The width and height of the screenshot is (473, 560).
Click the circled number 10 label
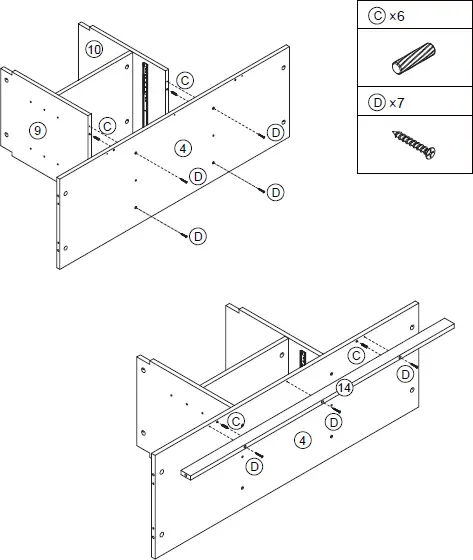coord(94,49)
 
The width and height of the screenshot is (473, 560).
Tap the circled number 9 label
coord(37,130)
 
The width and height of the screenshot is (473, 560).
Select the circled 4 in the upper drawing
coord(181,148)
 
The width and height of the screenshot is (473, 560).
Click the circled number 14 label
coord(344,387)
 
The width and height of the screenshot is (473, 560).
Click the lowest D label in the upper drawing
coord(198,235)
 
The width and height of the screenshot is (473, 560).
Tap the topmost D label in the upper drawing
coord(275,132)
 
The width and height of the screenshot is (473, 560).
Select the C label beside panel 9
coord(107,127)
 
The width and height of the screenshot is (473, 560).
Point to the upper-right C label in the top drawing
coord(185,80)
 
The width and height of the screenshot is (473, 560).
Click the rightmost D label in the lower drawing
coord(405,373)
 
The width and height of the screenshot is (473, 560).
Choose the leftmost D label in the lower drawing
coord(255,466)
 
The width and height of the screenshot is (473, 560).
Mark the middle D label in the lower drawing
coord(335,422)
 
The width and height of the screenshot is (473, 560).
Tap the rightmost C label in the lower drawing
coord(356,356)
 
